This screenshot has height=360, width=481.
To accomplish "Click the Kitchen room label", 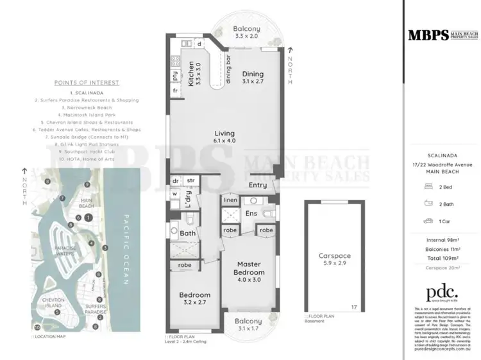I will pos(190,74).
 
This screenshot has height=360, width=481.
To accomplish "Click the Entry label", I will pos(258,185).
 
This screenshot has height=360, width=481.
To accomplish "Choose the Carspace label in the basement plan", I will pos(335,255).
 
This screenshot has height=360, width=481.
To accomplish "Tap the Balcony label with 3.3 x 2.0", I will pos(246,29).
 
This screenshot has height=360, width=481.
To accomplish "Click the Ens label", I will pos(251,212).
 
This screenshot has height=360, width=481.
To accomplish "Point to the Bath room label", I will pos(187,234).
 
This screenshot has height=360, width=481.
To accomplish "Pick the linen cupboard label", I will pos(230,200).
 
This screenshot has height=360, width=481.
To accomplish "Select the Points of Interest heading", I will pos(87,83).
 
